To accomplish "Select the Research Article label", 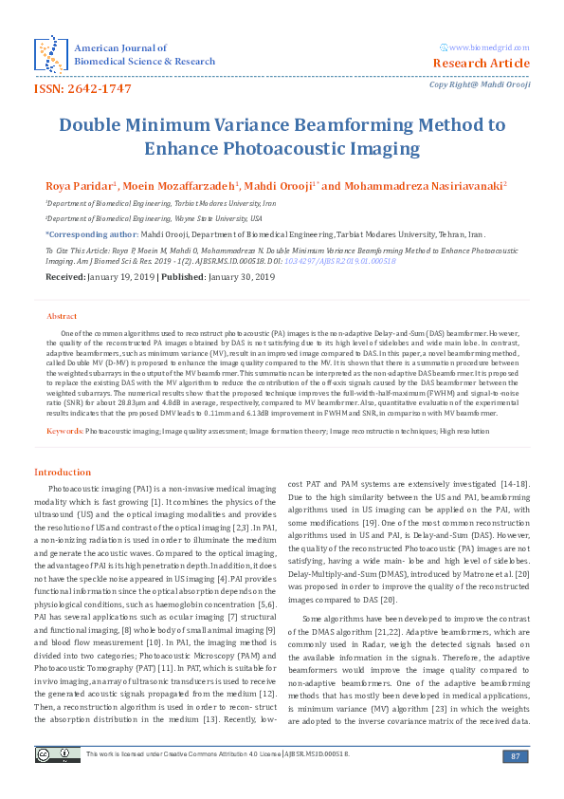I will tap(481, 64).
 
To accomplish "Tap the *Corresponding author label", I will tap(89, 232).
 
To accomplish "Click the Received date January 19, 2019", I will tap(136, 277).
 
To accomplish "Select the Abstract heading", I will tap(62, 315).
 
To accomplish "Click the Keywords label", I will tap(64, 432).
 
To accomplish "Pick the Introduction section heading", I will tap(63, 472).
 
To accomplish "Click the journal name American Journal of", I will tap(120, 47).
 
